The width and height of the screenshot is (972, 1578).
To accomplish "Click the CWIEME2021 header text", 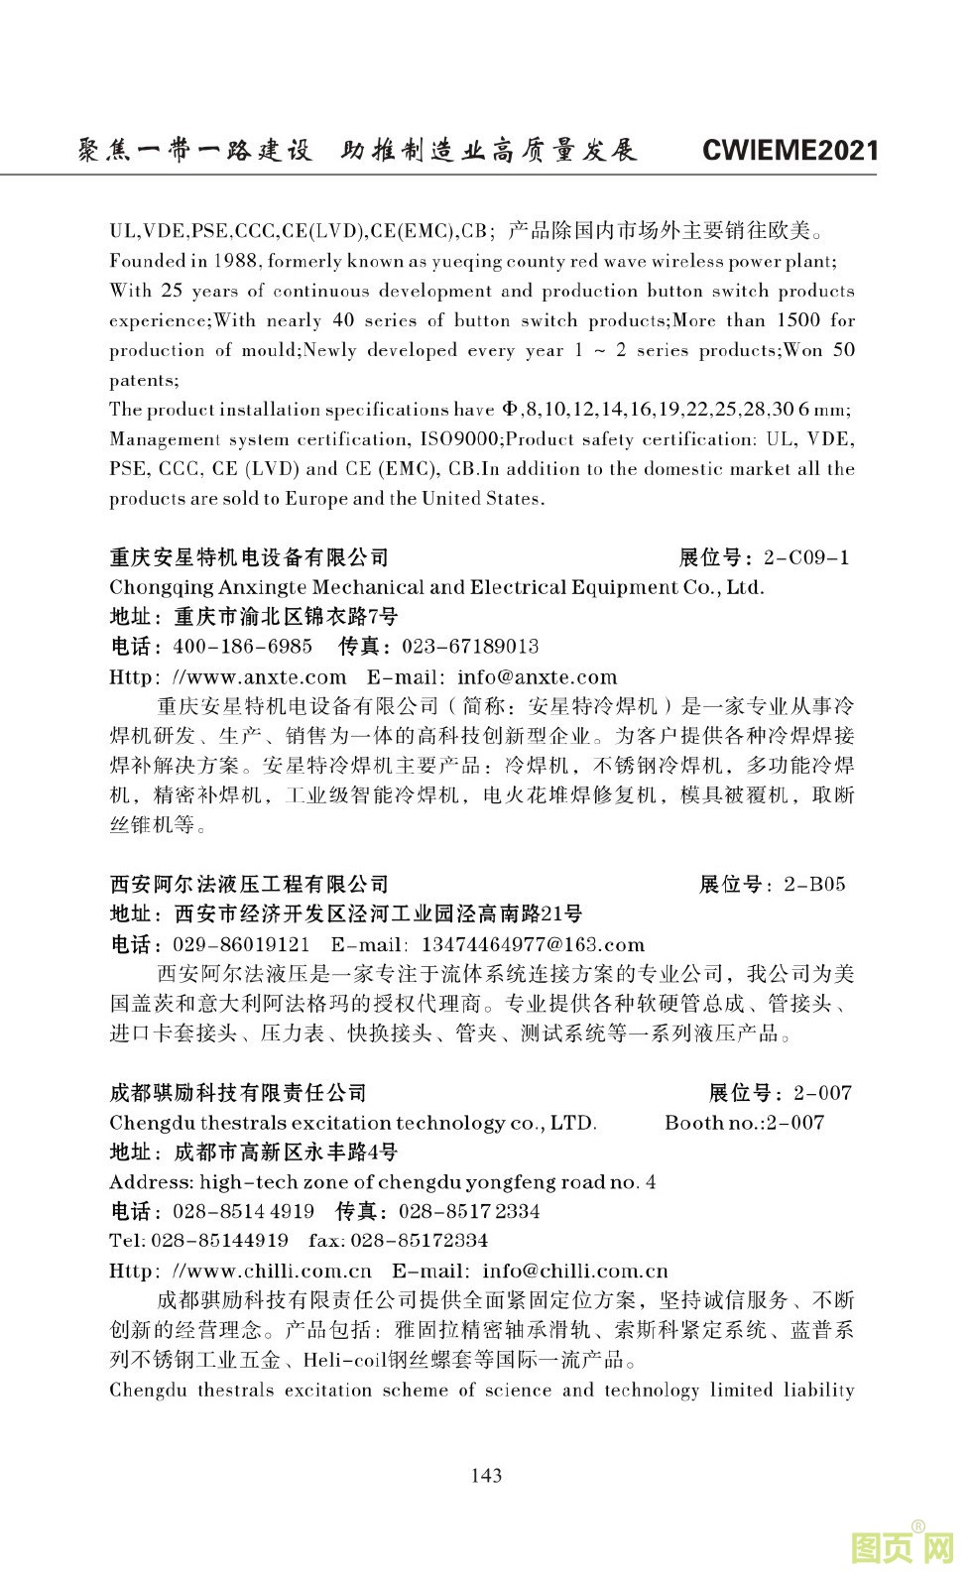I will pyautogui.click(x=790, y=150).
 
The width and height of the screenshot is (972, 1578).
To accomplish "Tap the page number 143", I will pyautogui.click(x=486, y=1475).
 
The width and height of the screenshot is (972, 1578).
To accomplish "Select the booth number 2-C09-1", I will pyautogui.click(x=803, y=557).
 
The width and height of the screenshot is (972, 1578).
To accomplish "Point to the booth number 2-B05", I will pyautogui.click(x=814, y=885).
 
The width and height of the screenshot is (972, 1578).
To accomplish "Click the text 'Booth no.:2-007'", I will pyautogui.click(x=744, y=1123).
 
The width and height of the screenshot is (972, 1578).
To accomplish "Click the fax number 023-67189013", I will pyautogui.click(x=470, y=647).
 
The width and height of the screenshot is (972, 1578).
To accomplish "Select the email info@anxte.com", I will pyautogui.click(x=537, y=677).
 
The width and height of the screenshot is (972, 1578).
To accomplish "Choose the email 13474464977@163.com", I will pyautogui.click(x=533, y=944).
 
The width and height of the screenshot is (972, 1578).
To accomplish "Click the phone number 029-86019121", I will pyautogui.click(x=241, y=944).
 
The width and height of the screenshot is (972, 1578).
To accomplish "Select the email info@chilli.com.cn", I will pyautogui.click(x=574, y=1271).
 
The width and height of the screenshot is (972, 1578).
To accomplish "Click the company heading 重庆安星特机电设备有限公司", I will pyautogui.click(x=249, y=557).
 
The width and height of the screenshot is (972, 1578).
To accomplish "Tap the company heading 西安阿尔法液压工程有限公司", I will pyautogui.click(x=249, y=885).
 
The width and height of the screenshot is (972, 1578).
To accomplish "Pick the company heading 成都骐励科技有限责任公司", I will pyautogui.click(x=238, y=1093).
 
